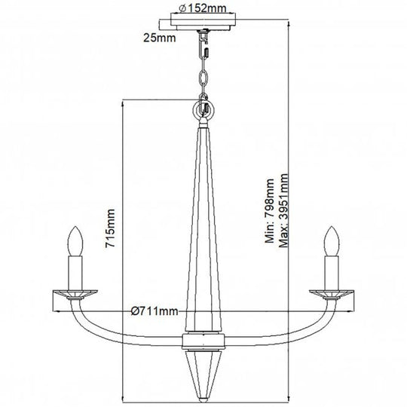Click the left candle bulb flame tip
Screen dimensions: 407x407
75,228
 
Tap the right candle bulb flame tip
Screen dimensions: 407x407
330,228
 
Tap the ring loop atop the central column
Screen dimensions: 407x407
203,112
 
